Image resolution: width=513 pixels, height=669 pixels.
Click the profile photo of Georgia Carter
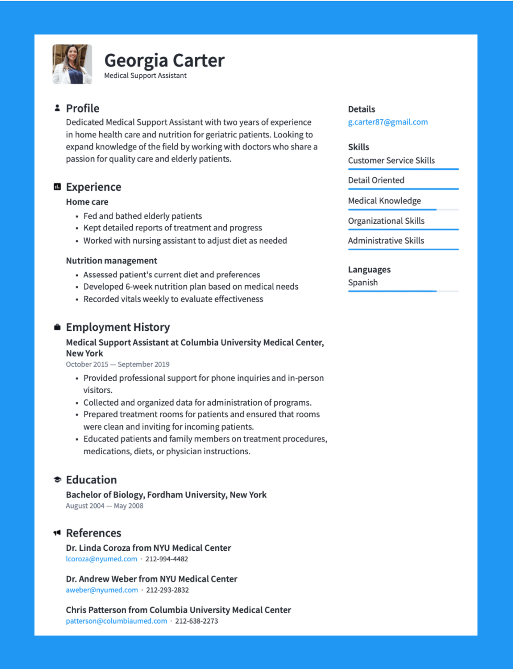click(x=73, y=64)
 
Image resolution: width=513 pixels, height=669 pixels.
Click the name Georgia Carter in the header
click(x=164, y=61)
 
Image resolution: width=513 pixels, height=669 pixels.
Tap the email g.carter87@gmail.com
click(x=388, y=122)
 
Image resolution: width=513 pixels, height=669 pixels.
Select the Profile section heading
click(x=83, y=108)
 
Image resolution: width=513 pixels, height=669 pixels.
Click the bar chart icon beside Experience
click(x=57, y=187)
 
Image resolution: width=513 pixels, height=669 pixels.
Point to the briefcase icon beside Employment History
click(x=57, y=327)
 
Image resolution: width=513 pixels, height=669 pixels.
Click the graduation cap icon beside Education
click(x=57, y=480)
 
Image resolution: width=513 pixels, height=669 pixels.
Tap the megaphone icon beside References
click(x=57, y=533)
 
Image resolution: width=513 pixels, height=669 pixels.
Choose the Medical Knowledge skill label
click(x=384, y=201)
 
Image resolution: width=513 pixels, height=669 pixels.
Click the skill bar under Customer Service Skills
click(x=403, y=169)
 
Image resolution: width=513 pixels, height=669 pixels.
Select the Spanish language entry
click(x=363, y=283)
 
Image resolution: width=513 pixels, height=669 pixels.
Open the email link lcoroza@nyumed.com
click(x=101, y=559)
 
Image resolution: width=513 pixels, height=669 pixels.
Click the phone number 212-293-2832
click(x=168, y=590)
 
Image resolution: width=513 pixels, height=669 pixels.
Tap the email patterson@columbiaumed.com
click(x=116, y=621)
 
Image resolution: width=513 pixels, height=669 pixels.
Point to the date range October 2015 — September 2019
click(x=118, y=365)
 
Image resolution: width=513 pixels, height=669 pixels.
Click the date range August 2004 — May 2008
click(x=104, y=506)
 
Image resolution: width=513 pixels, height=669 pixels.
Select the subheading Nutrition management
click(x=111, y=261)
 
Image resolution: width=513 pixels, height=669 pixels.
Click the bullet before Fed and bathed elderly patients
click(x=77, y=216)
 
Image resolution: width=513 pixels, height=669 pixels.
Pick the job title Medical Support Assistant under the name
click(x=145, y=76)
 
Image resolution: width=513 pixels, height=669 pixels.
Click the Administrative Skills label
click(x=386, y=241)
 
